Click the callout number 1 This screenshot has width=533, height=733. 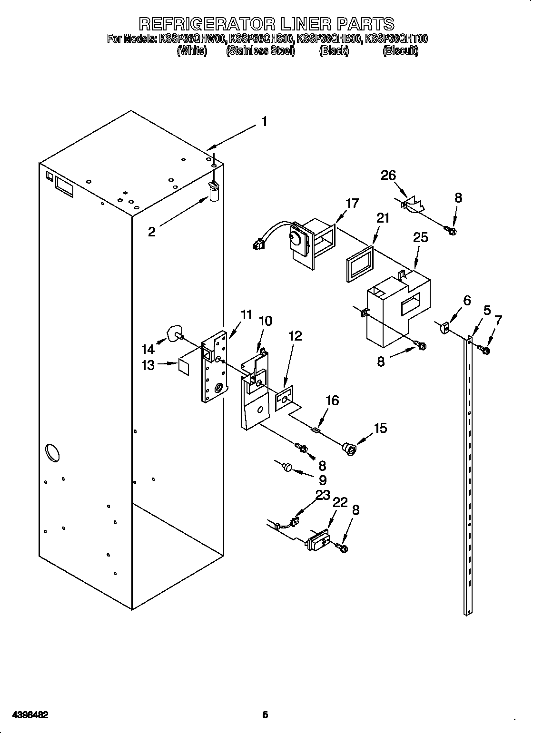point(264,122)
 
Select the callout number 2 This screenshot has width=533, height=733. point(152,232)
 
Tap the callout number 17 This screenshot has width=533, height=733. point(352,203)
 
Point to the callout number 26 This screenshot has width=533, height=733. point(388,176)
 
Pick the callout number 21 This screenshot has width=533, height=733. point(383,218)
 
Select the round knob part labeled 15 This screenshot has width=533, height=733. point(349,447)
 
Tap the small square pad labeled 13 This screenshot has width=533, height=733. point(185,365)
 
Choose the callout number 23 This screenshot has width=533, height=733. point(323,495)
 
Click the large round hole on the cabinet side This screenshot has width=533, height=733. point(52,452)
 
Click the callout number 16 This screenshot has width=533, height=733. point(332,401)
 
